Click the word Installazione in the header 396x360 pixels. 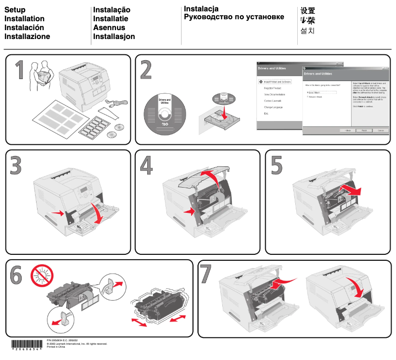27,36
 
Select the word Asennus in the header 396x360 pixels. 110,28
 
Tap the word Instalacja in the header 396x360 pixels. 201,9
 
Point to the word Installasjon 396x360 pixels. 114,36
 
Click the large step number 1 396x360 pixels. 18,70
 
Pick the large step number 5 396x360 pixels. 277,165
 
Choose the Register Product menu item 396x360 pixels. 273,88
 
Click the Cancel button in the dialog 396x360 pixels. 380,130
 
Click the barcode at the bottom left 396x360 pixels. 26,345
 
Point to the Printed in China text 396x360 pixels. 56,347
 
